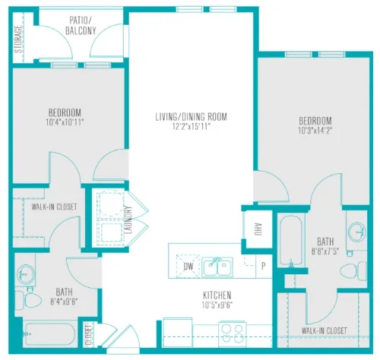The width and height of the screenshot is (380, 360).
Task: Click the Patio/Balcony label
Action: (81, 26)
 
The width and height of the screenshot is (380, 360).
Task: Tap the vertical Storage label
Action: (18, 39)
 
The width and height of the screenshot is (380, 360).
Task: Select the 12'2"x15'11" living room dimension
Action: (192, 126)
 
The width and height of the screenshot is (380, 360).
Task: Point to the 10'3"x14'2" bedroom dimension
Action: (315, 131)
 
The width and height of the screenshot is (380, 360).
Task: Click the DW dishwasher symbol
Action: (188, 267)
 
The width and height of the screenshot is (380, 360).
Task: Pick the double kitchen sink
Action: (217, 267)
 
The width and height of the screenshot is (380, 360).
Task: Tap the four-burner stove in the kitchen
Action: (233, 333)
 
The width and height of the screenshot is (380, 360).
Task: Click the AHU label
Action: (258, 229)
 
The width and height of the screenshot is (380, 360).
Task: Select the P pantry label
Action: (264, 266)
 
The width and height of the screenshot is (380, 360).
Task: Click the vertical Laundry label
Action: (128, 219)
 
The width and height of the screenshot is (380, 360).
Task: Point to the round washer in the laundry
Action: (111, 204)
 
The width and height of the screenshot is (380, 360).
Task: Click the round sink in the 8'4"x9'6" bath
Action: (25, 273)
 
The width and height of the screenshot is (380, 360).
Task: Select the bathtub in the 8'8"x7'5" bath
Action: (291, 241)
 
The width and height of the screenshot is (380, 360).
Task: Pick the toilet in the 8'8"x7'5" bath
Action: (353, 271)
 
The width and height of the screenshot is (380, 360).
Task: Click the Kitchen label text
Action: (217, 295)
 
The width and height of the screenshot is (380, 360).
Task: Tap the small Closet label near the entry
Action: (88, 335)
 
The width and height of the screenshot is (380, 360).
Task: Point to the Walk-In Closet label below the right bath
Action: (324, 330)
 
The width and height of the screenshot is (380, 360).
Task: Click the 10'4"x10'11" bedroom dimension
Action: (65, 123)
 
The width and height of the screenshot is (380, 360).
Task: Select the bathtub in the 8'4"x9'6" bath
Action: (49, 334)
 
